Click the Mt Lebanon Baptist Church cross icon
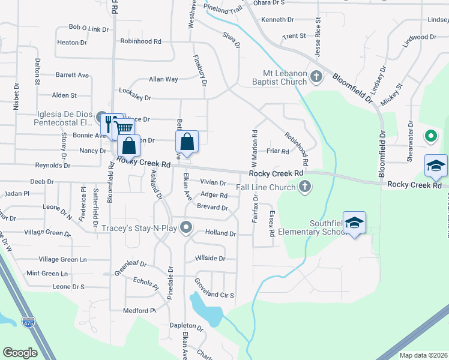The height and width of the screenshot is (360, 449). pyautogui.click(x=318, y=76)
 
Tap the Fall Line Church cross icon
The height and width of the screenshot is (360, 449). pyautogui.click(x=305, y=186)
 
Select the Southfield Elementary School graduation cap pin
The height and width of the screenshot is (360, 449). pyautogui.click(x=355, y=223)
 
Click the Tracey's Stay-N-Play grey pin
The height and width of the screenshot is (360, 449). pyautogui.click(x=186, y=227)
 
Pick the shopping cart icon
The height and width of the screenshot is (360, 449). pyautogui.click(x=123, y=128)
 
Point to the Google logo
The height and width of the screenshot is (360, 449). pyautogui.click(x=20, y=353)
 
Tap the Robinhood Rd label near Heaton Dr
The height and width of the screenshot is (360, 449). pyautogui.click(x=141, y=41)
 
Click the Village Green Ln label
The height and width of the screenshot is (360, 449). pyautogui.click(x=63, y=259)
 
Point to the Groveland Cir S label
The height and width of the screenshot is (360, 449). pyautogui.click(x=214, y=295)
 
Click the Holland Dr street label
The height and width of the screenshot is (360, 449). pyautogui.click(x=221, y=233)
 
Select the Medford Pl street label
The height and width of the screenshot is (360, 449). pyautogui.click(x=139, y=311)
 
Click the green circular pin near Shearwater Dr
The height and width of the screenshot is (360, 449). pyautogui.click(x=430, y=136)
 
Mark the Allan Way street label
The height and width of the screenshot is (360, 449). pyautogui.click(x=163, y=79)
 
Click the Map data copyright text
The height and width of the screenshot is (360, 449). pyautogui.click(x=423, y=355)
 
